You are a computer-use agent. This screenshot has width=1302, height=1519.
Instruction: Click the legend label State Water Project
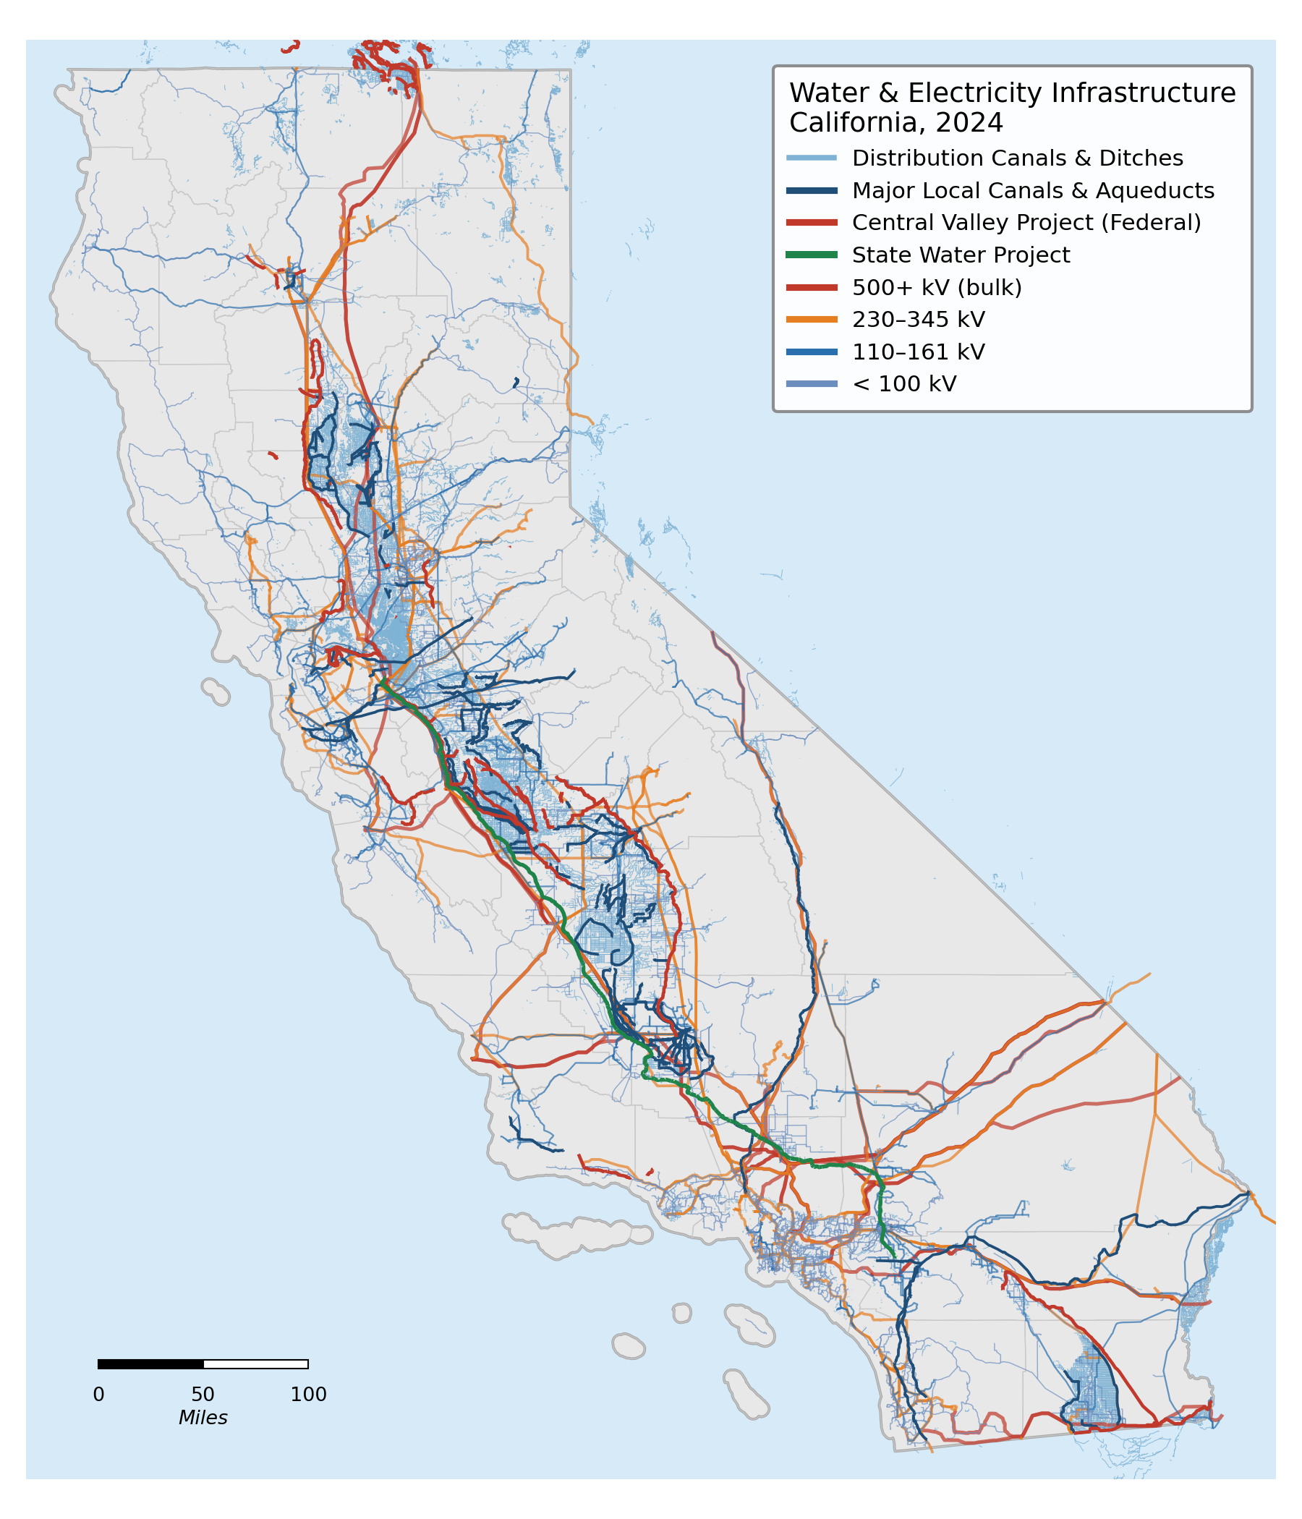pos(961,255)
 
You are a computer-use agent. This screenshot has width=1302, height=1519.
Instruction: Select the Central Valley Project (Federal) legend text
pos(1026,223)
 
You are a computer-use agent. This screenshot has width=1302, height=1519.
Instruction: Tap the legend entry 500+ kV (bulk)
pos(936,287)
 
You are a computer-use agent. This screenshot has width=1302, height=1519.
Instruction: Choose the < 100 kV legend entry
pos(903,384)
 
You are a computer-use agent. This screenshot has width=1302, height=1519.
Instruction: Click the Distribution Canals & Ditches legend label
pos(1017,158)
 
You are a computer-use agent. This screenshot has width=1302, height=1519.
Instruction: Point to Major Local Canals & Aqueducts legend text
pos(1032,191)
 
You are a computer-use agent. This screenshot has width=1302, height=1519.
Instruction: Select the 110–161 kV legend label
pos(918,352)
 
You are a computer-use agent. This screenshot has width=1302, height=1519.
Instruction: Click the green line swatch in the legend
pos(811,255)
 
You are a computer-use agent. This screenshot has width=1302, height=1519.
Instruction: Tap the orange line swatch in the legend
pos(811,320)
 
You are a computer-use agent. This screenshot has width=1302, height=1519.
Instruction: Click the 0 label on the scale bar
pos(98,1395)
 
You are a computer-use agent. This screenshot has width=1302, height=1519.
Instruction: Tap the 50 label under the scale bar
pos(203,1395)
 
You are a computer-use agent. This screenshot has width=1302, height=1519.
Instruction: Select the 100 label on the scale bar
pos(309,1395)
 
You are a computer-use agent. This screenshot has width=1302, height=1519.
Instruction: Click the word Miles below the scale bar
pos(203,1418)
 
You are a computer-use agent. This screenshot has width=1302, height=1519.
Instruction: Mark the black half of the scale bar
pos(150,1363)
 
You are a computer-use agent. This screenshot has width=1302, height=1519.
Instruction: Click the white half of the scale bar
pos(255,1363)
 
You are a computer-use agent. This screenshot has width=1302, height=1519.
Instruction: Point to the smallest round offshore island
pos(682,1313)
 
